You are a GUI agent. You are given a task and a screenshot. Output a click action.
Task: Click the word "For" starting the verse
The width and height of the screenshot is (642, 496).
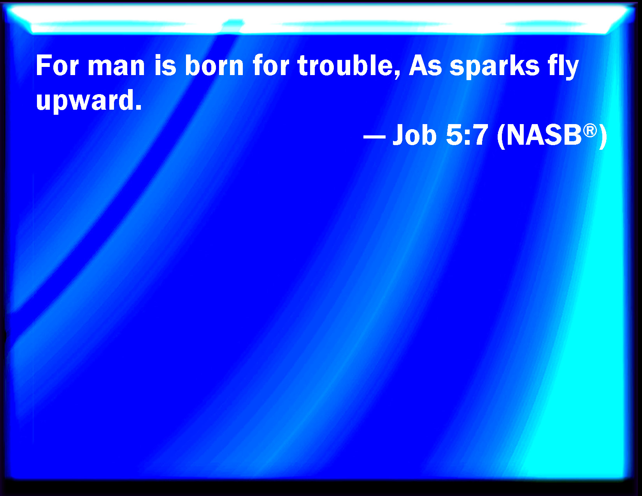coord(58,65)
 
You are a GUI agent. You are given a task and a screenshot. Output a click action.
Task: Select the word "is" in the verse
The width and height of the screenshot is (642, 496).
coord(165,65)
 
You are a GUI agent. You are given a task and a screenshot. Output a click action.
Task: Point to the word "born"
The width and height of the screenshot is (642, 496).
coord(214,65)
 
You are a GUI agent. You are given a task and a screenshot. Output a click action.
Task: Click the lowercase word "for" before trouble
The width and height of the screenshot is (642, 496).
coord(271,65)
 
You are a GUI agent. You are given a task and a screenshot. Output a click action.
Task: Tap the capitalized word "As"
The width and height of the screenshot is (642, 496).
coord(425,65)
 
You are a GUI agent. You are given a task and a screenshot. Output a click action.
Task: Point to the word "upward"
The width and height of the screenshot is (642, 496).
coord(85,100)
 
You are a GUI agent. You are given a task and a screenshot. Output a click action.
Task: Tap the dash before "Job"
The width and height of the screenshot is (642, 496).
coord(374,137)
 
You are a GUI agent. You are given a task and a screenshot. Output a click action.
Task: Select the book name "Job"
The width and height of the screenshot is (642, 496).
coord(414,135)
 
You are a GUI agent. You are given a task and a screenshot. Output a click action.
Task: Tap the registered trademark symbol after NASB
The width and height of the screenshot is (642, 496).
coord(590,131)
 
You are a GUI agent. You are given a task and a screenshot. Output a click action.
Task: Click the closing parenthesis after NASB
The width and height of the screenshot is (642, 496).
coord(603,136)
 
